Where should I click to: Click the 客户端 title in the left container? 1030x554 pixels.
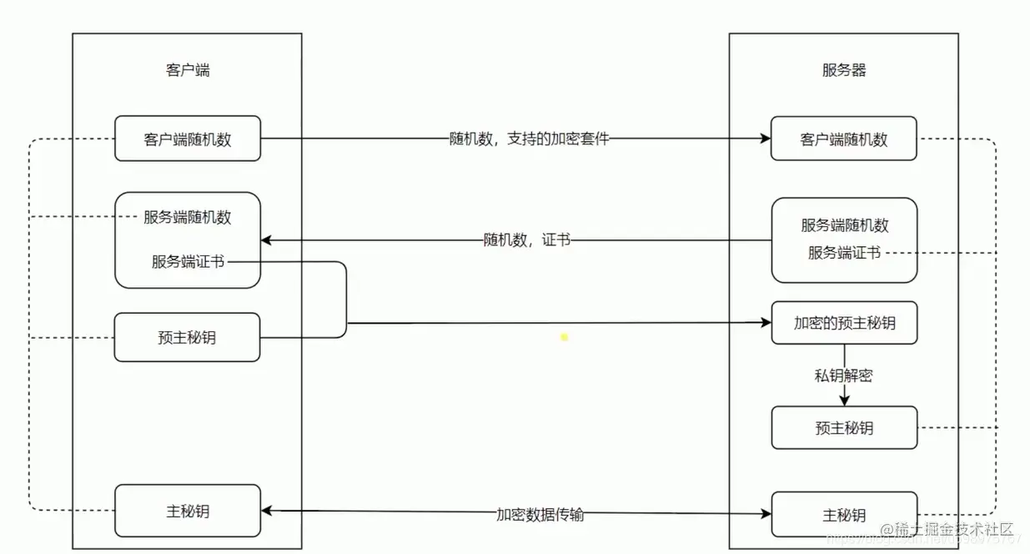(x=188, y=70)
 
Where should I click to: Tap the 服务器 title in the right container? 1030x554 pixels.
(x=844, y=70)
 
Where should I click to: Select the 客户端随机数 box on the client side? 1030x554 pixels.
(x=188, y=138)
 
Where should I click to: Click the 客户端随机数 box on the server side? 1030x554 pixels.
(x=844, y=138)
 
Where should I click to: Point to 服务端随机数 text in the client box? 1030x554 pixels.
(x=188, y=218)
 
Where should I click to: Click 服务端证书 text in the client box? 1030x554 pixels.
(x=188, y=261)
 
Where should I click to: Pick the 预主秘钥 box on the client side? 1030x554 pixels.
(x=188, y=337)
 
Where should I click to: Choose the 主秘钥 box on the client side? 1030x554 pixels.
(x=188, y=511)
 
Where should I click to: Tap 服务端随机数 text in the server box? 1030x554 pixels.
(x=845, y=225)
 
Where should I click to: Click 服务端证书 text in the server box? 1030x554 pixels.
(x=844, y=252)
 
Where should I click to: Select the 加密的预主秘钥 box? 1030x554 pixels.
(x=844, y=323)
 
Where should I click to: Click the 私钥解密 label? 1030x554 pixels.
(x=844, y=375)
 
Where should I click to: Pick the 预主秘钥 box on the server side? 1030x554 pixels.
(x=844, y=428)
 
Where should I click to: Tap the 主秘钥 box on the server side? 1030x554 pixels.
(x=844, y=514)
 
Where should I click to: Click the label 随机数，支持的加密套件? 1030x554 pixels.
(x=530, y=138)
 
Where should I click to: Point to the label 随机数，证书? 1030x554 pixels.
(x=527, y=240)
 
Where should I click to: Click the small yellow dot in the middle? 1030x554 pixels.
(x=565, y=337)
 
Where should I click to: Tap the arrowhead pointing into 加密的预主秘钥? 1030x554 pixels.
(x=765, y=323)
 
